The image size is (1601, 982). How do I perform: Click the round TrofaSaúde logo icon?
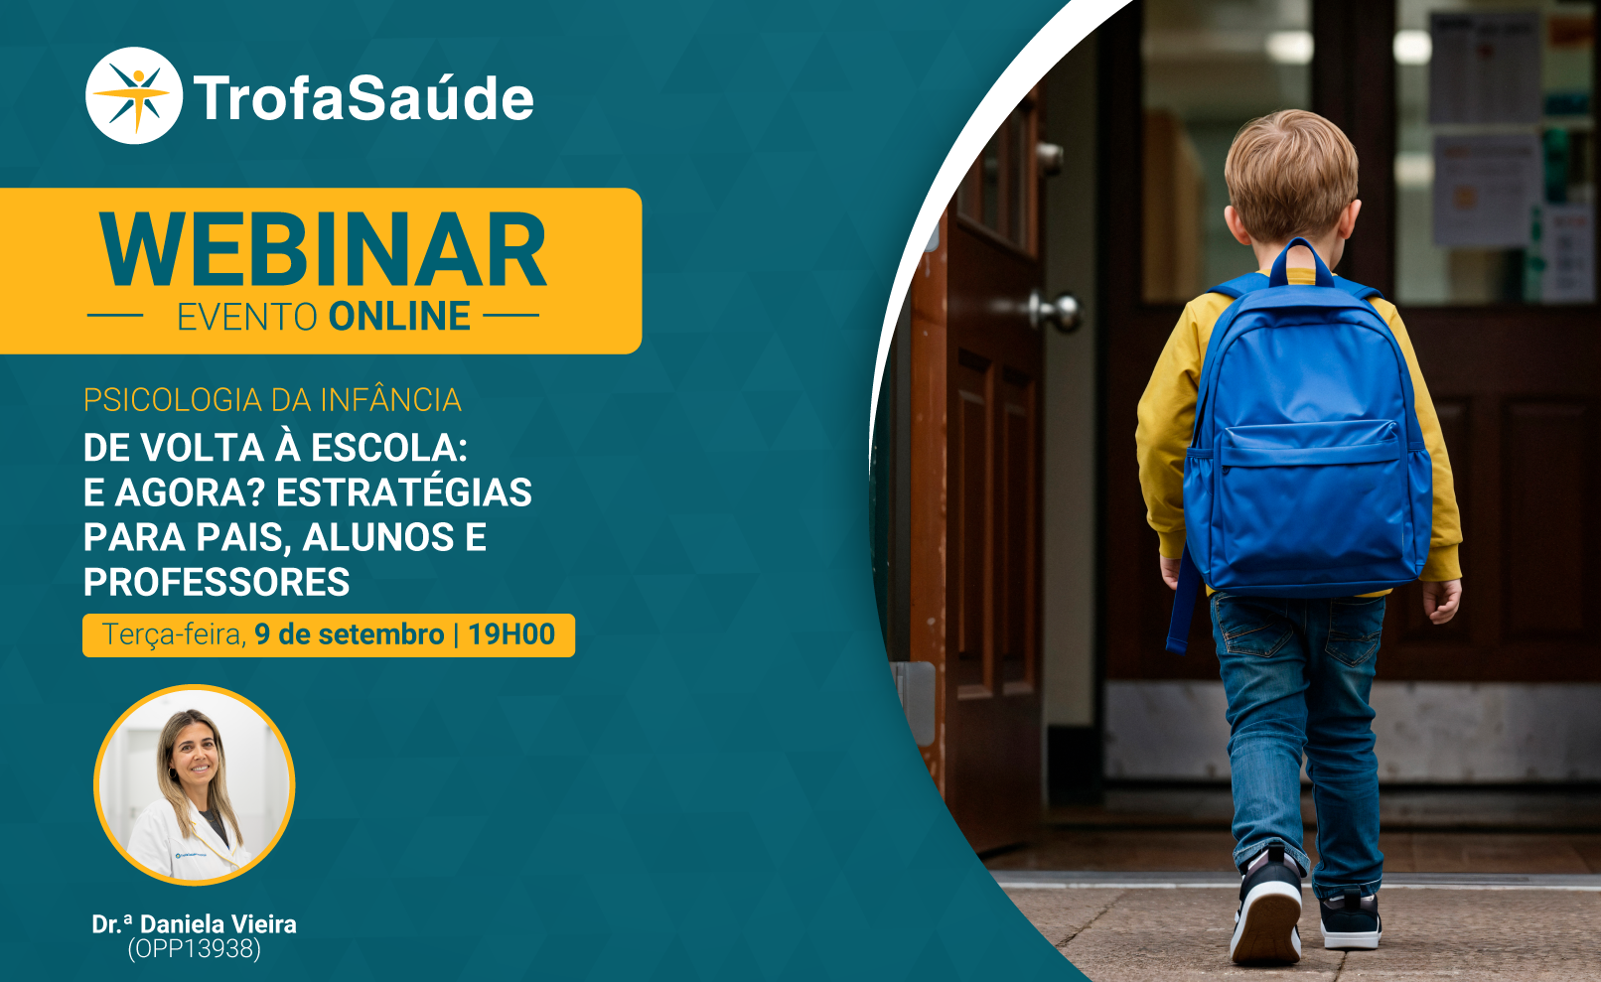(x=134, y=95)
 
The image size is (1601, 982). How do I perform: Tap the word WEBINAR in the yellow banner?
(x=323, y=250)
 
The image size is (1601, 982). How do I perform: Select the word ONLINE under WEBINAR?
(x=399, y=316)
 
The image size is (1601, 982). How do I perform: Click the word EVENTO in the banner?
(x=247, y=317)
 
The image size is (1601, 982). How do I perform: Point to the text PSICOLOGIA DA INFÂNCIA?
(x=272, y=399)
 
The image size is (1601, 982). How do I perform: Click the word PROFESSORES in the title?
(x=217, y=581)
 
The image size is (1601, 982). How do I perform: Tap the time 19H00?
(x=511, y=634)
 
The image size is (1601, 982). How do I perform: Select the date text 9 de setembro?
(x=350, y=634)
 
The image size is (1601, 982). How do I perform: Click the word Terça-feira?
(x=175, y=634)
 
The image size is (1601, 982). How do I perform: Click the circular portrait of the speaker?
(x=195, y=784)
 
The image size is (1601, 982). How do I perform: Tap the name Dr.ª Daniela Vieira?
(x=194, y=924)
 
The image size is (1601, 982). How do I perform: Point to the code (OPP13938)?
(x=194, y=948)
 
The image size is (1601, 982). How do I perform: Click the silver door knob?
(x=1060, y=313)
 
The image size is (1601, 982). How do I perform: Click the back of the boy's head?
(x=1291, y=175)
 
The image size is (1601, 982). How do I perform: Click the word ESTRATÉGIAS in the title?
(x=404, y=492)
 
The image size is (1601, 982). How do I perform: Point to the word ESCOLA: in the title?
(x=388, y=448)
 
